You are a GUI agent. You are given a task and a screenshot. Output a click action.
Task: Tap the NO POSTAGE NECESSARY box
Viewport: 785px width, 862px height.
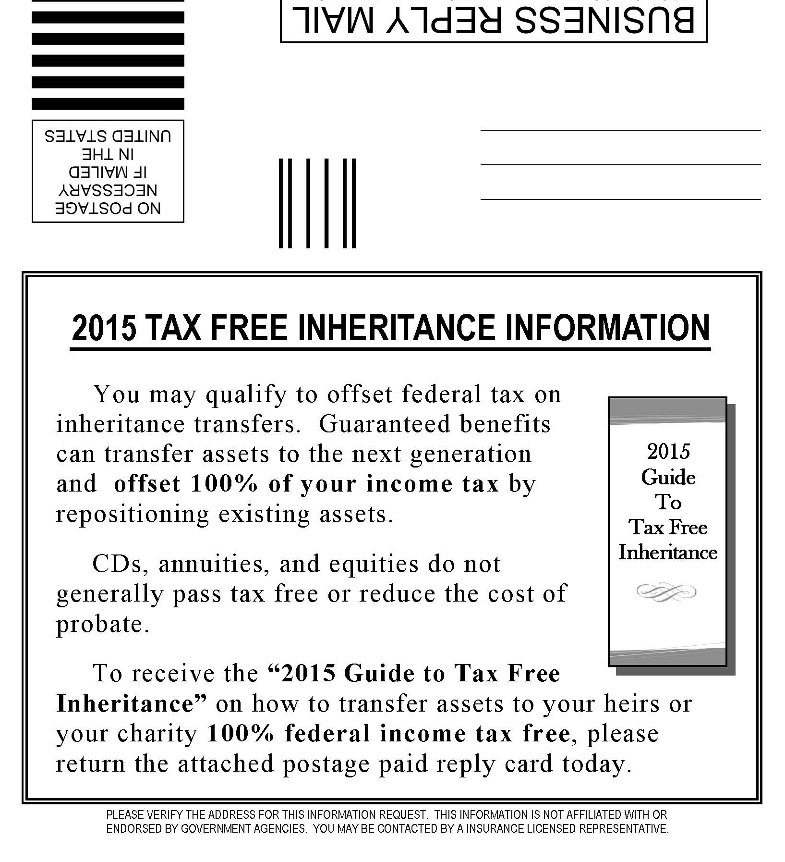tap(108, 172)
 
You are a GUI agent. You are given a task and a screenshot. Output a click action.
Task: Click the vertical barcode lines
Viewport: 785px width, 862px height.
tap(317, 203)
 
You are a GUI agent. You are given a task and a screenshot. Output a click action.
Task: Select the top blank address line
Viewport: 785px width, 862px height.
tap(620, 130)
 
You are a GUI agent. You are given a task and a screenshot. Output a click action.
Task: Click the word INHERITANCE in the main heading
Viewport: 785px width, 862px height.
tap(397, 328)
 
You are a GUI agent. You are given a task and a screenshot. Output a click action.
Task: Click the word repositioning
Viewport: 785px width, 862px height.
tap(133, 514)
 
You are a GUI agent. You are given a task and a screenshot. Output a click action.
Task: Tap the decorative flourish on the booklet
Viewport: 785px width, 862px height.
tap(666, 591)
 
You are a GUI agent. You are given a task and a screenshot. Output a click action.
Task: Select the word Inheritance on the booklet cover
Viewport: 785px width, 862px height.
tap(668, 553)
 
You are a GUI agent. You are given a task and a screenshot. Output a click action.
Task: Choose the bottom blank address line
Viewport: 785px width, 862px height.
tap(620, 199)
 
